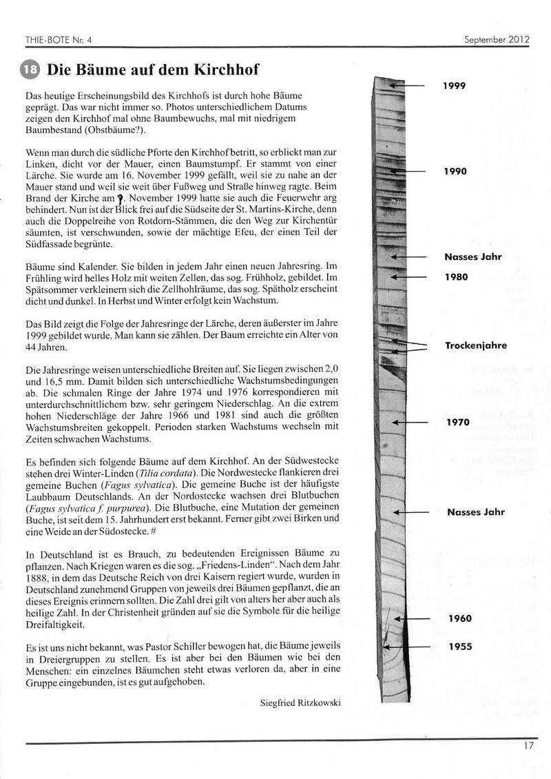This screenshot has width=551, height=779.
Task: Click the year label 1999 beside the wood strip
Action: [x=455, y=85]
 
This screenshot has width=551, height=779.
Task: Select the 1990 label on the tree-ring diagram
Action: [x=455, y=170]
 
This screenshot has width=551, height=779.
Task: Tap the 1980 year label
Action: [x=456, y=276]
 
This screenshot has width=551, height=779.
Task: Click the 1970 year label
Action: [x=458, y=421]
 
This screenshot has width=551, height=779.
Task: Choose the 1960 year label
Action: [x=459, y=618]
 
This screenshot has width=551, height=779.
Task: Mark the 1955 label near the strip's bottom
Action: [x=459, y=647]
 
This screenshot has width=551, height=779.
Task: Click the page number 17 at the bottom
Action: [x=528, y=745]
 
